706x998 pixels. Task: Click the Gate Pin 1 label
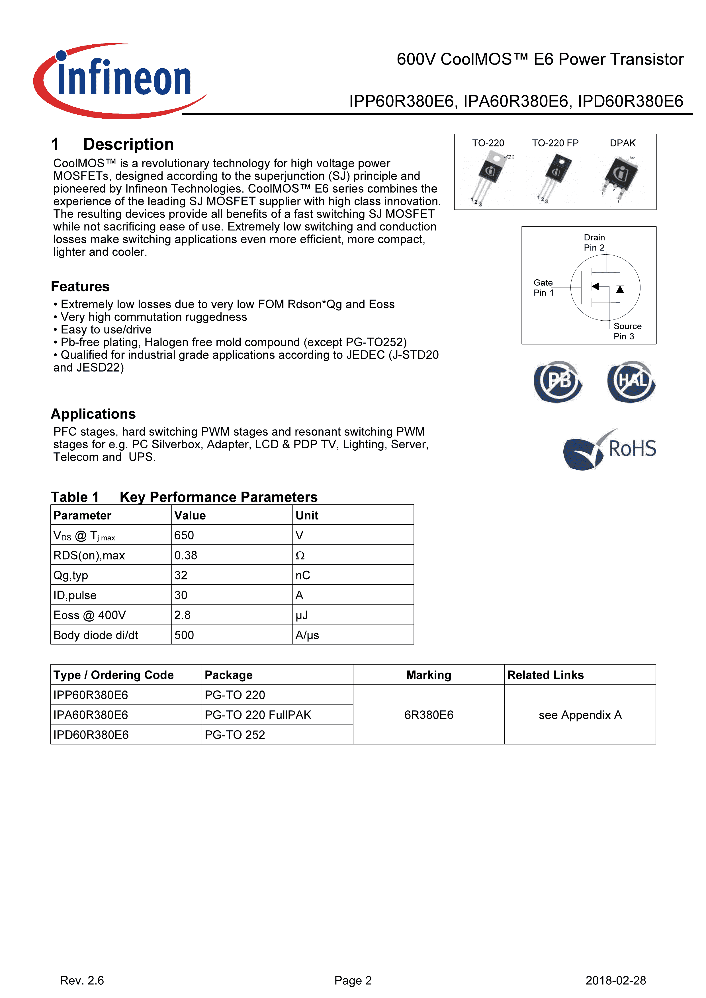point(543,288)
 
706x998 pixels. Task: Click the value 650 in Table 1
point(184,535)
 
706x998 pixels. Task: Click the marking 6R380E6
point(429,715)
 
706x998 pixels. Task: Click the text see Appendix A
point(580,715)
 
